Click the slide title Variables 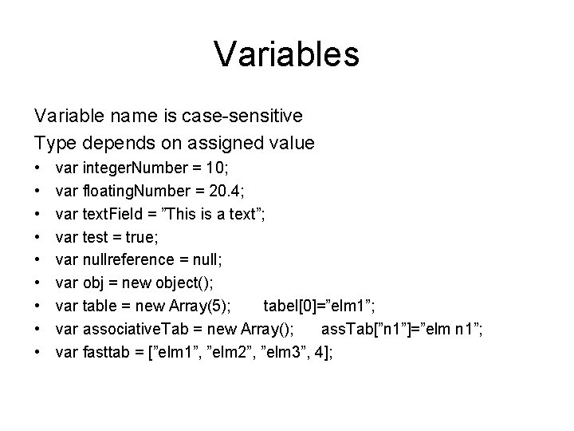point(286,54)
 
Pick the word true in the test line point(146,236)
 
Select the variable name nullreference point(128,259)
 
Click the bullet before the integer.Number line point(38,169)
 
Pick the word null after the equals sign point(201,259)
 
